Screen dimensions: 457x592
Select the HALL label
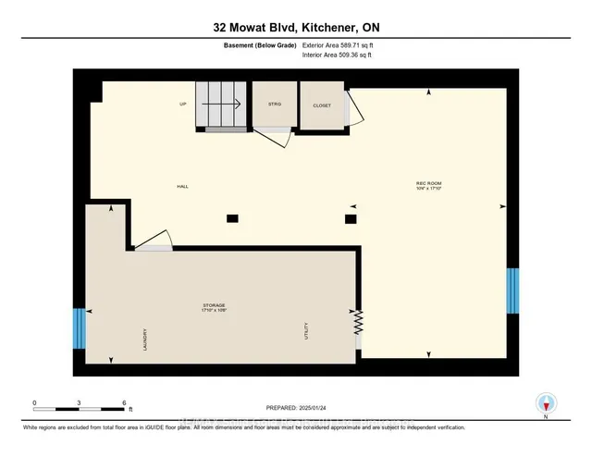click(183, 186)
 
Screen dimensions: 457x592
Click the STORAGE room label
click(215, 305)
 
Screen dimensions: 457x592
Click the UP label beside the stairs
click(183, 105)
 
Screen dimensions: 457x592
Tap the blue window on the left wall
click(79, 327)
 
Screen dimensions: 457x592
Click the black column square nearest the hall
click(232, 218)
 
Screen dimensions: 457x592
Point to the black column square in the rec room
click(350, 218)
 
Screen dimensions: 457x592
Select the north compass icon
click(547, 403)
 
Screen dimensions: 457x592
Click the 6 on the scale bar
click(124, 402)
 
